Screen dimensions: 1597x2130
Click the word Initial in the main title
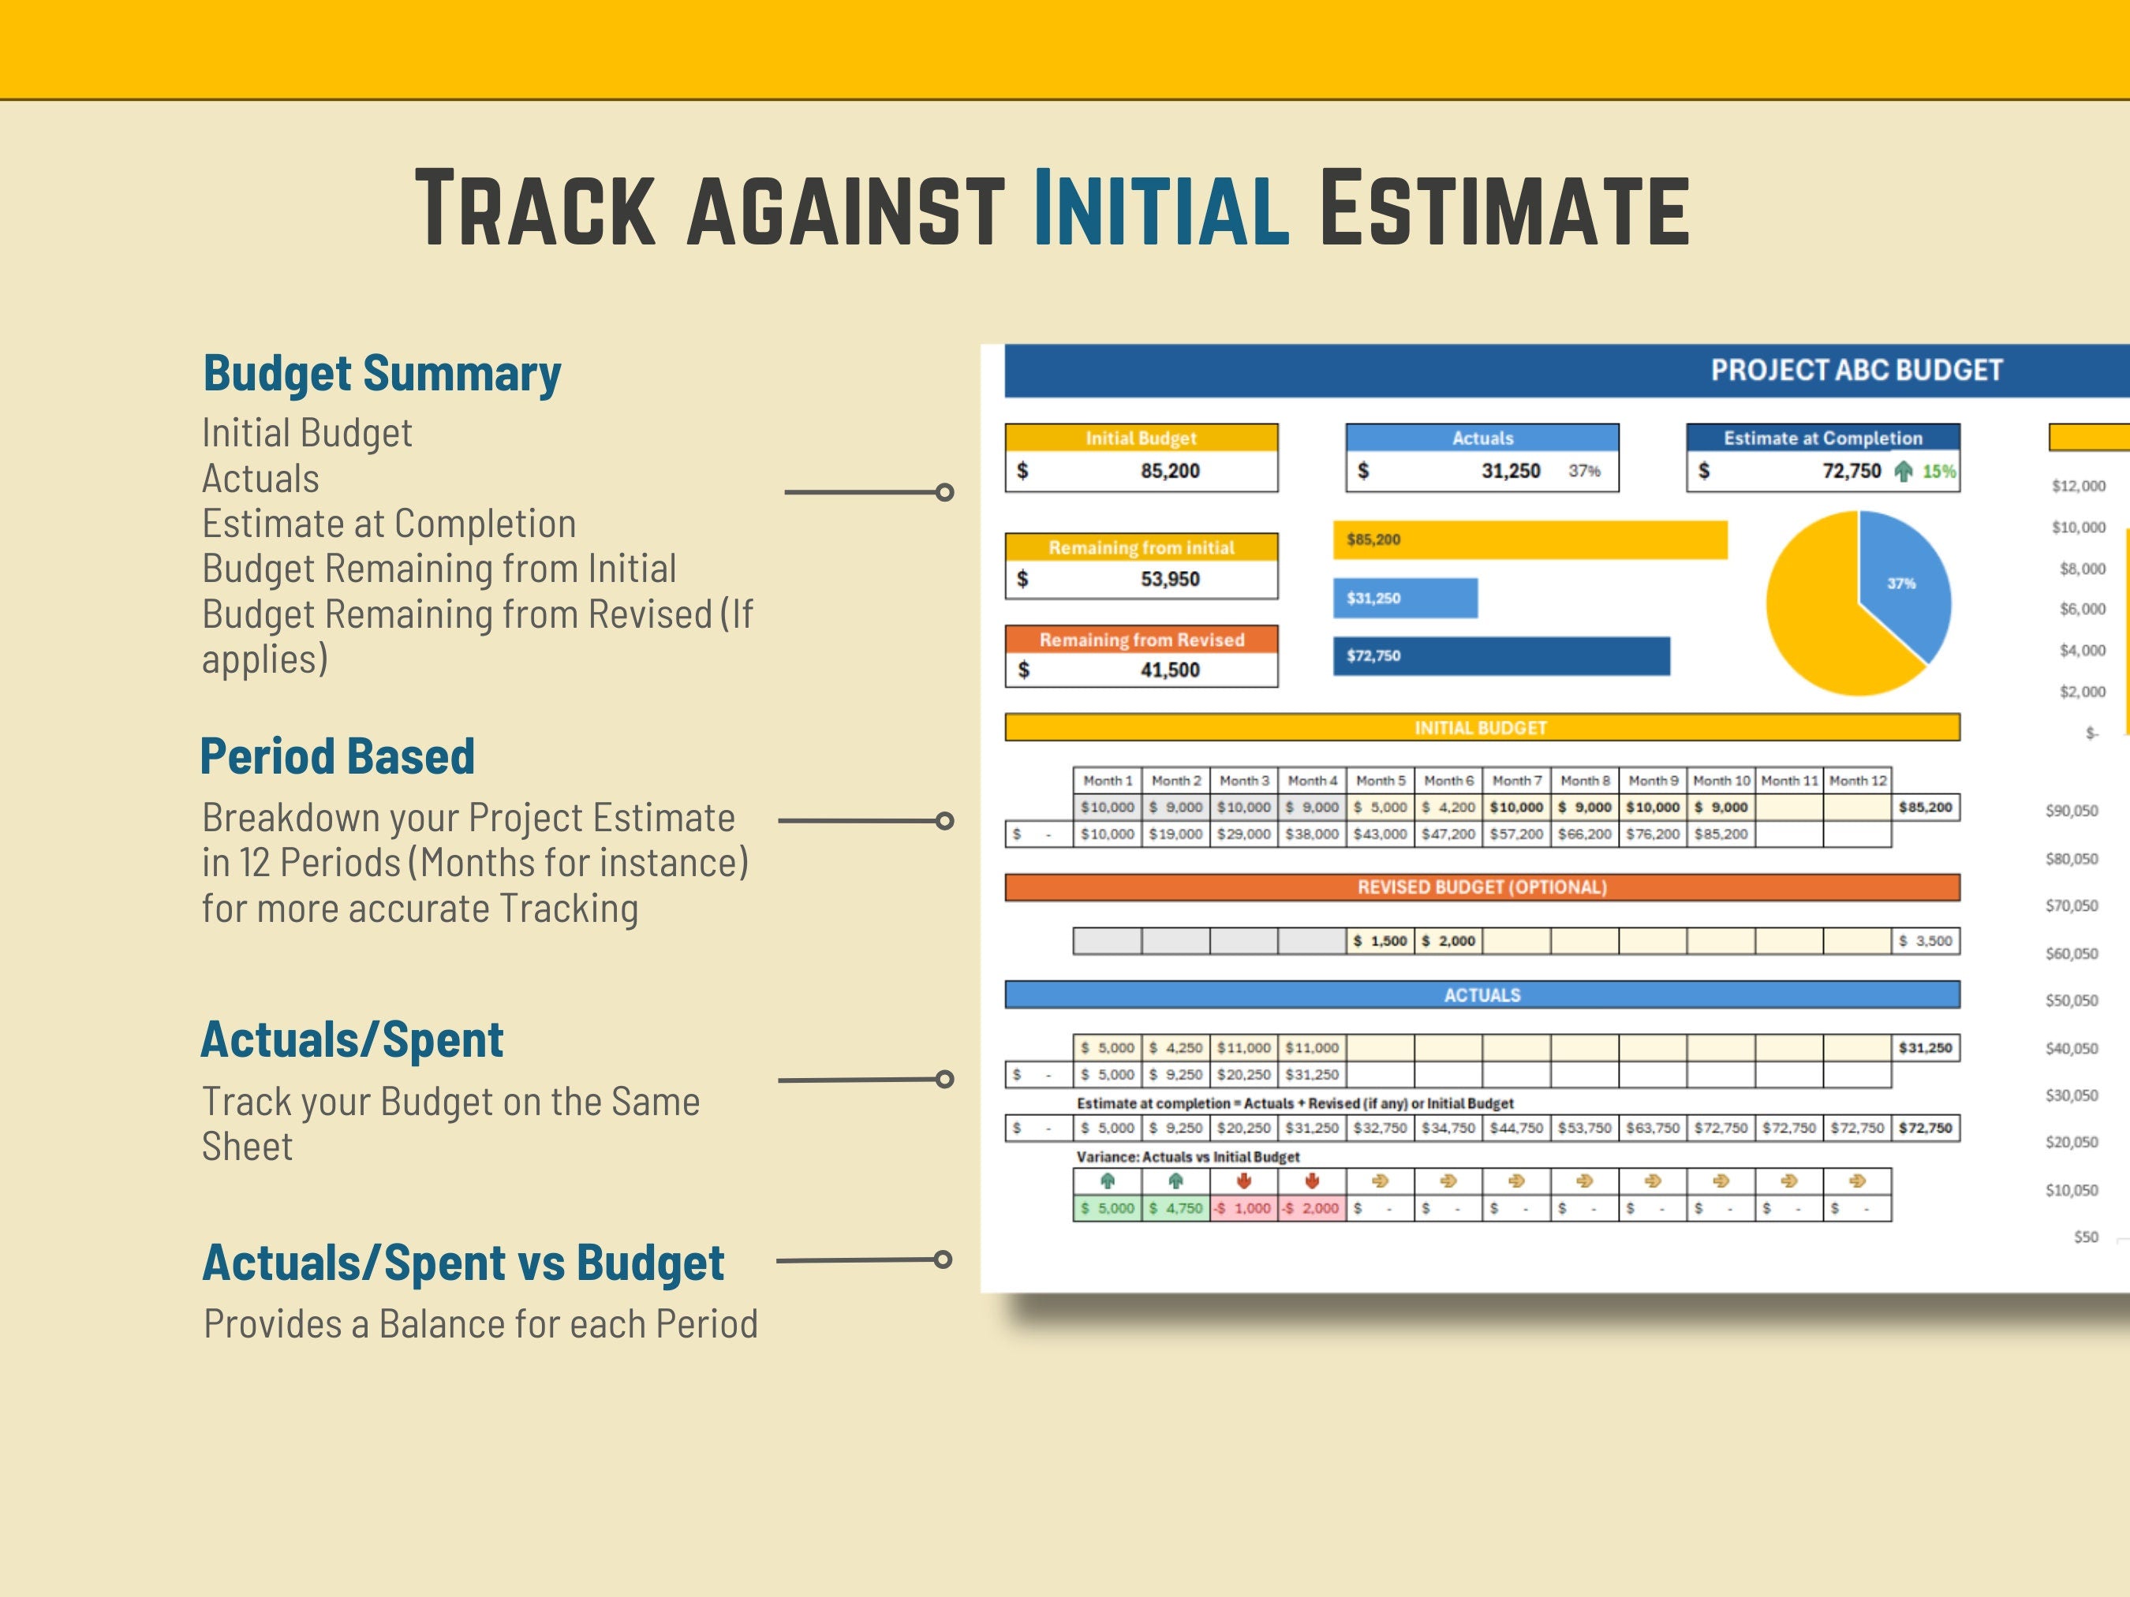click(1160, 209)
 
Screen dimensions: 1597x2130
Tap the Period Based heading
click(337, 756)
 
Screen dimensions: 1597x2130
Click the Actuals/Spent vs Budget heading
click(462, 1263)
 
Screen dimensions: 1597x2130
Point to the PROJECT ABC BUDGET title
click(1855, 371)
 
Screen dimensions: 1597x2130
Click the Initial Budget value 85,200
click(1170, 471)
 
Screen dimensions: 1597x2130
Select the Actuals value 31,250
click(1510, 471)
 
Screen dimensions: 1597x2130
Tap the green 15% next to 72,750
click(1938, 472)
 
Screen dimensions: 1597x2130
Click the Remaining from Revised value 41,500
click(1170, 670)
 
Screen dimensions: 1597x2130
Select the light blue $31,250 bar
click(1405, 598)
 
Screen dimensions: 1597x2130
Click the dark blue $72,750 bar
click(1500, 655)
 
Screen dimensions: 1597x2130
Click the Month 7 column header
click(1516, 781)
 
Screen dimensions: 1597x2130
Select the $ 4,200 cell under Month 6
click(1448, 808)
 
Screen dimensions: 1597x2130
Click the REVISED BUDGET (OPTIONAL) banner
click(1482, 887)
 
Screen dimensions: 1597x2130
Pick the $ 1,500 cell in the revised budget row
click(1380, 941)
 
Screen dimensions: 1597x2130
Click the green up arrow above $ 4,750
click(1175, 1181)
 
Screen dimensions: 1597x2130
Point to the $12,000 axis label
click(2078, 486)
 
